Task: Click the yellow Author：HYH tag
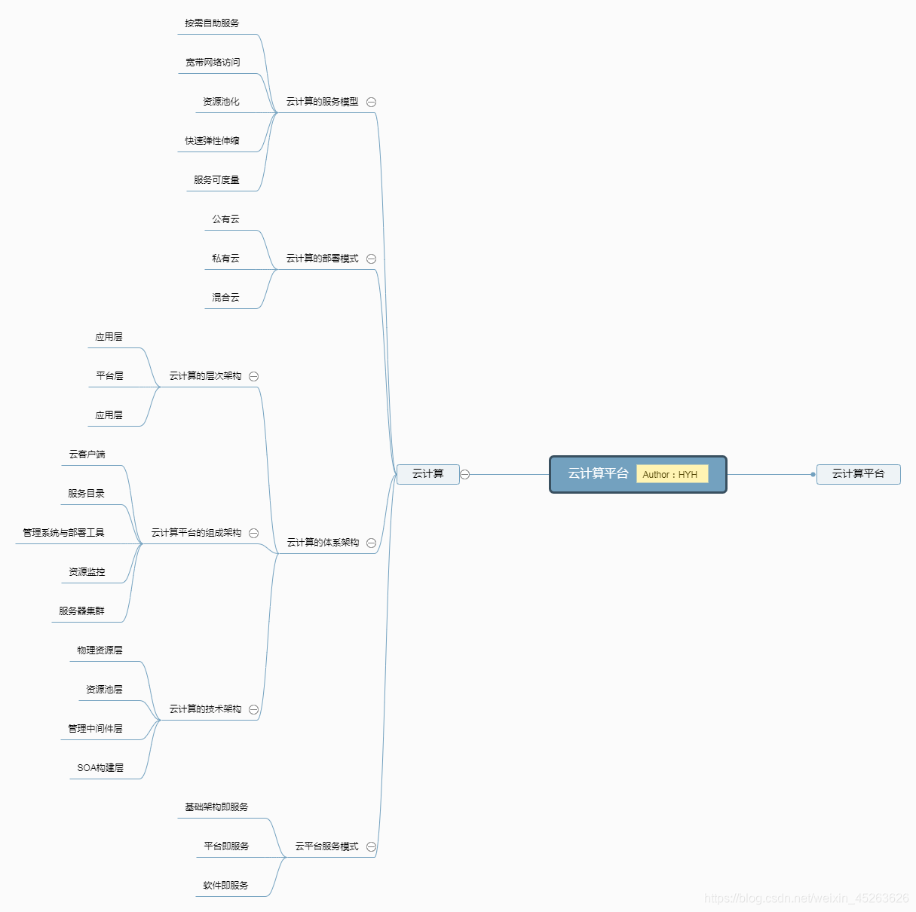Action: coord(672,474)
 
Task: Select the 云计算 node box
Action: coord(427,474)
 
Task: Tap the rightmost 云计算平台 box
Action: coord(858,474)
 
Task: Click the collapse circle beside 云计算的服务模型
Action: coord(371,102)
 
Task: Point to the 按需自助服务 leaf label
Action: coord(212,23)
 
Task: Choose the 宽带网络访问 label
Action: coord(213,63)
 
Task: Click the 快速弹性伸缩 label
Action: coord(212,141)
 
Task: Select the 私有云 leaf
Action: coord(225,259)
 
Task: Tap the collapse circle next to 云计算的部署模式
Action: coord(371,259)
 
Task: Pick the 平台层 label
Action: coord(109,376)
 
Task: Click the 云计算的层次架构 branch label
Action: coord(205,376)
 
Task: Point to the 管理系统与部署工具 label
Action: coord(63,533)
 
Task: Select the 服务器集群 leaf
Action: coord(81,611)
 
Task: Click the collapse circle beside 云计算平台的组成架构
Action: coord(253,533)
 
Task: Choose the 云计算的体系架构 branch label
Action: coord(323,543)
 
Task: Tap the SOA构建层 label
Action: coord(100,768)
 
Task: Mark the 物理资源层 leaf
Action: coord(100,650)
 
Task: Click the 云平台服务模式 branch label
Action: coord(326,846)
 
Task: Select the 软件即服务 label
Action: coord(225,886)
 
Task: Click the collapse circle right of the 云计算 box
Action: coord(465,474)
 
